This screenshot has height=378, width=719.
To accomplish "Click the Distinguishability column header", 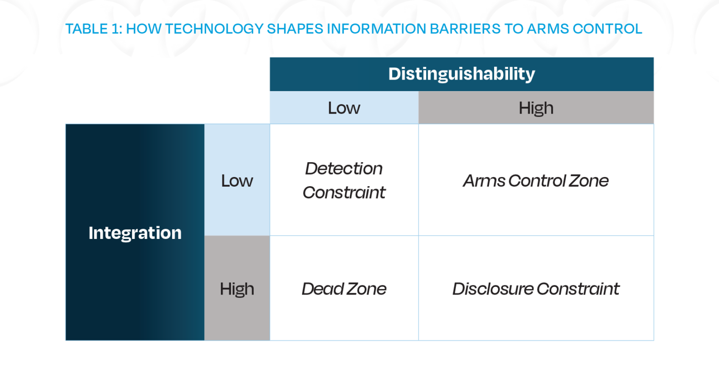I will click(462, 74).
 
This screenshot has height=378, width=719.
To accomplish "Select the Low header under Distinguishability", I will click(344, 108).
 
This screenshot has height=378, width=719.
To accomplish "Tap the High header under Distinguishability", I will click(536, 108).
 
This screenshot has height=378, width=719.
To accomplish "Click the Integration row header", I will click(135, 233).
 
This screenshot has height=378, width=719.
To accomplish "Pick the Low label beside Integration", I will click(237, 181).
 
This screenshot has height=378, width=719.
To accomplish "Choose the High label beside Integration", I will click(237, 289).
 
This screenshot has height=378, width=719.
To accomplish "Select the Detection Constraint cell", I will click(344, 180).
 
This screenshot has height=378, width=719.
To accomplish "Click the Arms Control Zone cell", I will click(536, 181).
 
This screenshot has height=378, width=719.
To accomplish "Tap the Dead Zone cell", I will click(344, 289).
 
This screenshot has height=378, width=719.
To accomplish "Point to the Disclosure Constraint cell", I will click(536, 289).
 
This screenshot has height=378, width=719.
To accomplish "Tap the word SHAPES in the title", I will click(293, 29).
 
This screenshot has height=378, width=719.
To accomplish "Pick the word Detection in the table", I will click(344, 168).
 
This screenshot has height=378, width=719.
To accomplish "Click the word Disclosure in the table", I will click(493, 289).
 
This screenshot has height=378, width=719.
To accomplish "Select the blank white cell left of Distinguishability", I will click(167, 90).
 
